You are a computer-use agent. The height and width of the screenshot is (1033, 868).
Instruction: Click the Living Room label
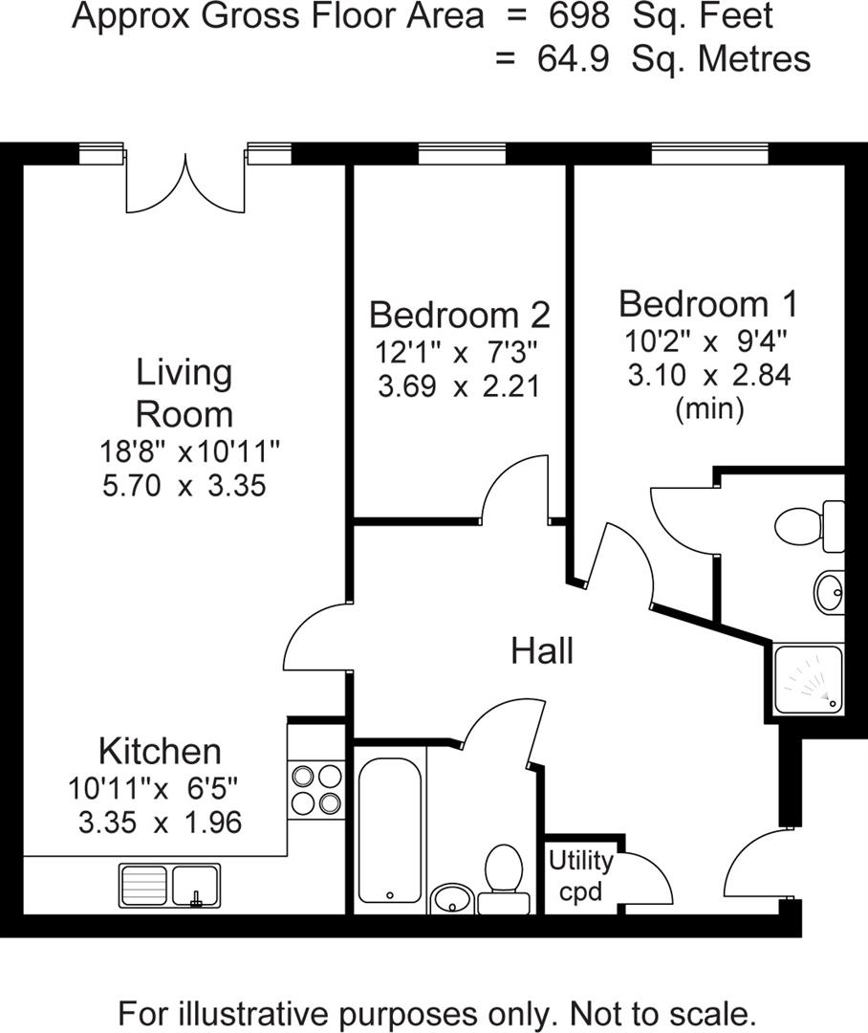pos(184,393)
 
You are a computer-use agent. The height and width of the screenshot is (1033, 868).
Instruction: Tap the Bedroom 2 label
pos(459,314)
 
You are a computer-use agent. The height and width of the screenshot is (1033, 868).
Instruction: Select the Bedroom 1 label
pos(707,304)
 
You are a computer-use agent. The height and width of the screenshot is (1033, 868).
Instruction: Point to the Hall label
pos(542,651)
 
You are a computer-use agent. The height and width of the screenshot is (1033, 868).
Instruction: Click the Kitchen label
pos(160,751)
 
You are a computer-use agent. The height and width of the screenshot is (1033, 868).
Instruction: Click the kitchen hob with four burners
pos(316,788)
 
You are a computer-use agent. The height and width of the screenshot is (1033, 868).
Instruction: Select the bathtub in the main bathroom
pos(389,827)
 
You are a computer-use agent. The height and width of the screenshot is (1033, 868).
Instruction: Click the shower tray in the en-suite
pos(809,678)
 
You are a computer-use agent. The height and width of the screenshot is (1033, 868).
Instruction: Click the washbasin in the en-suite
pos(829,593)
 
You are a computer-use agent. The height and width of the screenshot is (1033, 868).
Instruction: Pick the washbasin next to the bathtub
pos(450,898)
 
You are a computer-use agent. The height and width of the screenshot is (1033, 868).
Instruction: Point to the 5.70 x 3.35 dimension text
pos(183,486)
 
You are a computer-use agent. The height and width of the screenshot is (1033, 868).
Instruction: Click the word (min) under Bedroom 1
pos(708,409)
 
